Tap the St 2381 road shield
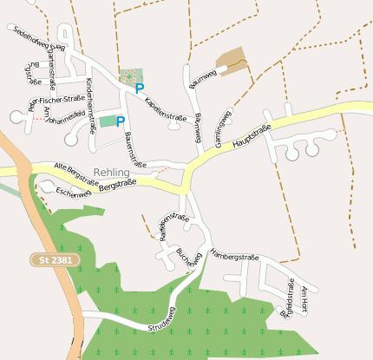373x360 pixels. point(55,259)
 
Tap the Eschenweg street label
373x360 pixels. point(73,193)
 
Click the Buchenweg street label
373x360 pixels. point(189,259)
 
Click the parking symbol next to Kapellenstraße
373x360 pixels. point(140,88)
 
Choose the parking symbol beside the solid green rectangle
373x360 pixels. point(121,121)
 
